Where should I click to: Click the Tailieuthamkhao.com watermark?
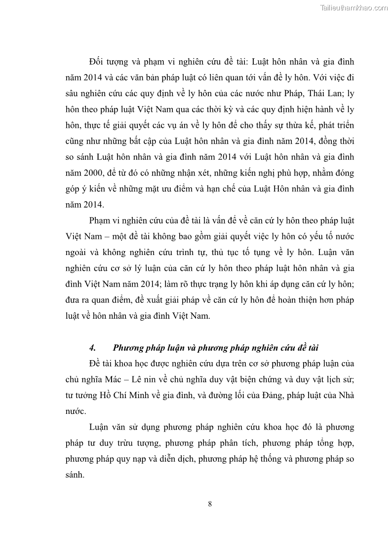[x=354, y=7]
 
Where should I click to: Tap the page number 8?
[x=210, y=504]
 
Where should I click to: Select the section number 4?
[x=92, y=348]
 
